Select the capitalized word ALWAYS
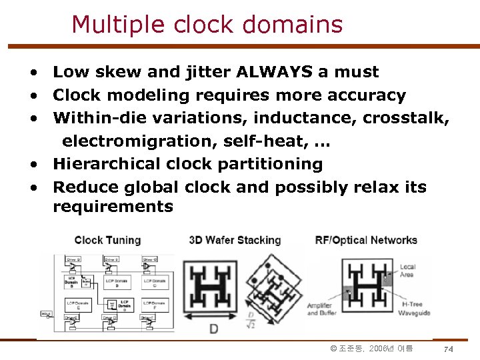(x=275, y=72)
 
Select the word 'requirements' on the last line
(x=113, y=207)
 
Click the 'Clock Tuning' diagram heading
(x=107, y=240)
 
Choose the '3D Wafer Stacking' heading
(x=235, y=240)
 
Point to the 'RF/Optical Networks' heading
(x=365, y=240)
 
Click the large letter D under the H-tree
(x=213, y=329)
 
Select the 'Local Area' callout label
(x=407, y=271)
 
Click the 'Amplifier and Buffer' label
(x=322, y=309)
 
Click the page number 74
(x=448, y=349)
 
